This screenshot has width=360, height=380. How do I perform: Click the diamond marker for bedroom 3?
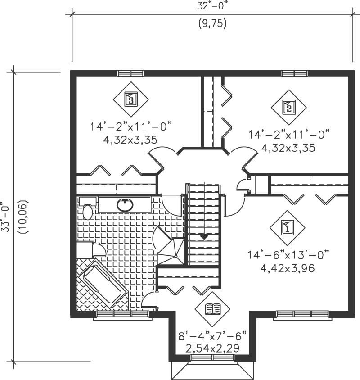pos(130,99)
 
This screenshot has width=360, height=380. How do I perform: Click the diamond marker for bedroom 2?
pos(288,107)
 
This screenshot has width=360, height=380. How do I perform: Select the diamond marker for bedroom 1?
pos(287,228)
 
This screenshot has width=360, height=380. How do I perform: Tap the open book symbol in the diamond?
pos(212,309)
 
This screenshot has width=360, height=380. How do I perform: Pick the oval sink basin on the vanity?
pos(125,205)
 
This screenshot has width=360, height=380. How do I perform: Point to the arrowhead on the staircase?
pos(204,236)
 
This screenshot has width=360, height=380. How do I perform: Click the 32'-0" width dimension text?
pos(211,6)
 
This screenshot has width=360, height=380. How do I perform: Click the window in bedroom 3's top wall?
pos(130,73)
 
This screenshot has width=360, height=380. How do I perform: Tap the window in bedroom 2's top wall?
pos(295,73)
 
